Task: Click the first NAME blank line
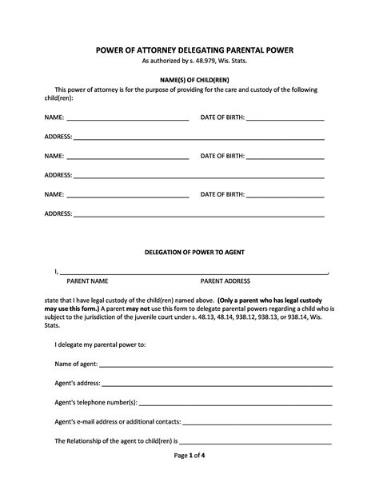click(128, 118)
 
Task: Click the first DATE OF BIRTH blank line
click(285, 118)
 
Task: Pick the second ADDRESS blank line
click(199, 175)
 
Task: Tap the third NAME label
click(54, 194)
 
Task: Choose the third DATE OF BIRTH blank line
click(285, 194)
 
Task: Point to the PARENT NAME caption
click(87, 281)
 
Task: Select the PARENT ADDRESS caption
click(225, 281)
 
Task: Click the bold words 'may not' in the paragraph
click(134, 308)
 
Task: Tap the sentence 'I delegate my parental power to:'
click(100, 345)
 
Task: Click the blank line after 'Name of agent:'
click(216, 365)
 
